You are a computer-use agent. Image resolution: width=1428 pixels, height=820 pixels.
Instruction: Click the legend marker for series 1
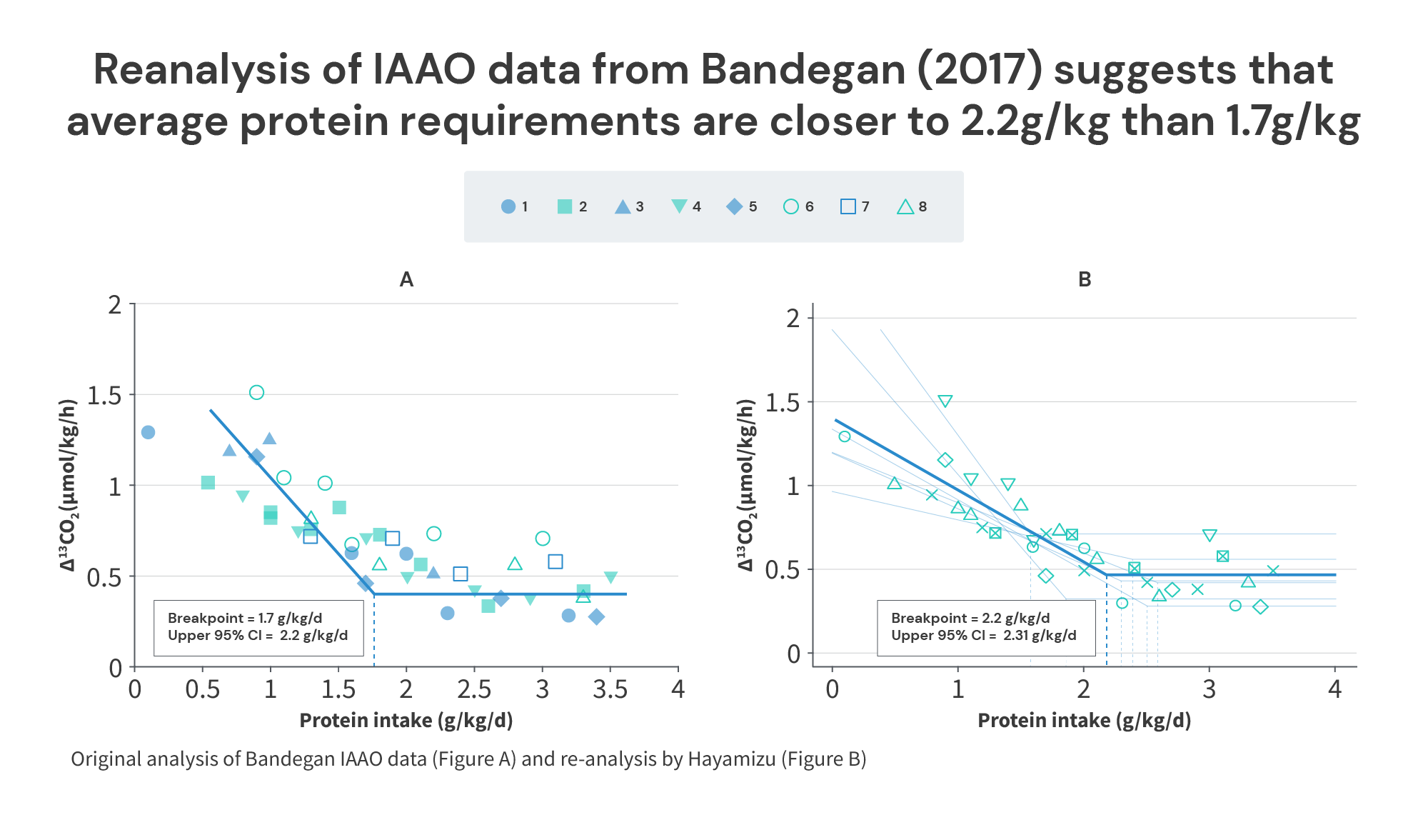(x=508, y=206)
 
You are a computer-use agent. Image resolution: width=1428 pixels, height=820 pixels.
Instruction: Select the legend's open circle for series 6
(x=790, y=206)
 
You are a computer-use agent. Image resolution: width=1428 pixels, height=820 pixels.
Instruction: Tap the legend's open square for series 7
(x=848, y=206)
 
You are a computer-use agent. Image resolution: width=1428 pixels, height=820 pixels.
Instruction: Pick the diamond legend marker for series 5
(x=734, y=206)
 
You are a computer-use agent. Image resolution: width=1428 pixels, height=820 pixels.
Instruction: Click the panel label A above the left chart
(x=406, y=279)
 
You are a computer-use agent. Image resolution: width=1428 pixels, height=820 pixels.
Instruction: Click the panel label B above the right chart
(x=1085, y=279)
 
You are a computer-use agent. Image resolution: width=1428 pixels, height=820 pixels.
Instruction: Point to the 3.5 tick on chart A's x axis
(x=610, y=689)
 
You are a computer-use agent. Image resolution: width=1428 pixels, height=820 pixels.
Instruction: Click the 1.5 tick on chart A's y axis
(x=104, y=395)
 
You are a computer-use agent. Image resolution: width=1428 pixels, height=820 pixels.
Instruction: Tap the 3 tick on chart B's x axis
(x=1209, y=689)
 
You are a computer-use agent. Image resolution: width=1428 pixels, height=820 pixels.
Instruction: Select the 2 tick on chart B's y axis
(x=793, y=319)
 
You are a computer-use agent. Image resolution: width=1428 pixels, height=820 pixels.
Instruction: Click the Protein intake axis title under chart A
(x=406, y=720)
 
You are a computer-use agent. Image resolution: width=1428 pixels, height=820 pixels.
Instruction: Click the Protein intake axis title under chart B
(x=1084, y=720)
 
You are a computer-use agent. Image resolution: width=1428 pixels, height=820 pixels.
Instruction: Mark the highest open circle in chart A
(x=256, y=392)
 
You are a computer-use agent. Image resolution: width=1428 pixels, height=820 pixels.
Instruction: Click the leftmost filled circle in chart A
(x=148, y=432)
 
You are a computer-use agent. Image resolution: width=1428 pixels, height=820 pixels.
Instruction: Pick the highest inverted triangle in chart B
(x=945, y=401)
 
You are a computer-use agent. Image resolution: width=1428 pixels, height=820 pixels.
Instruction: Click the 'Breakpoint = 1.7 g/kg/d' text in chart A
(x=244, y=618)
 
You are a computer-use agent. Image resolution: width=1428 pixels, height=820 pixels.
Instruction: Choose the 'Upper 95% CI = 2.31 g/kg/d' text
(x=983, y=635)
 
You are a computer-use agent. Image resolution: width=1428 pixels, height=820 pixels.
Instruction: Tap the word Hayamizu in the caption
(x=731, y=759)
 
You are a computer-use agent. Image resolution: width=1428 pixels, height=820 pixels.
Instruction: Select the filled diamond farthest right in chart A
(x=597, y=616)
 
